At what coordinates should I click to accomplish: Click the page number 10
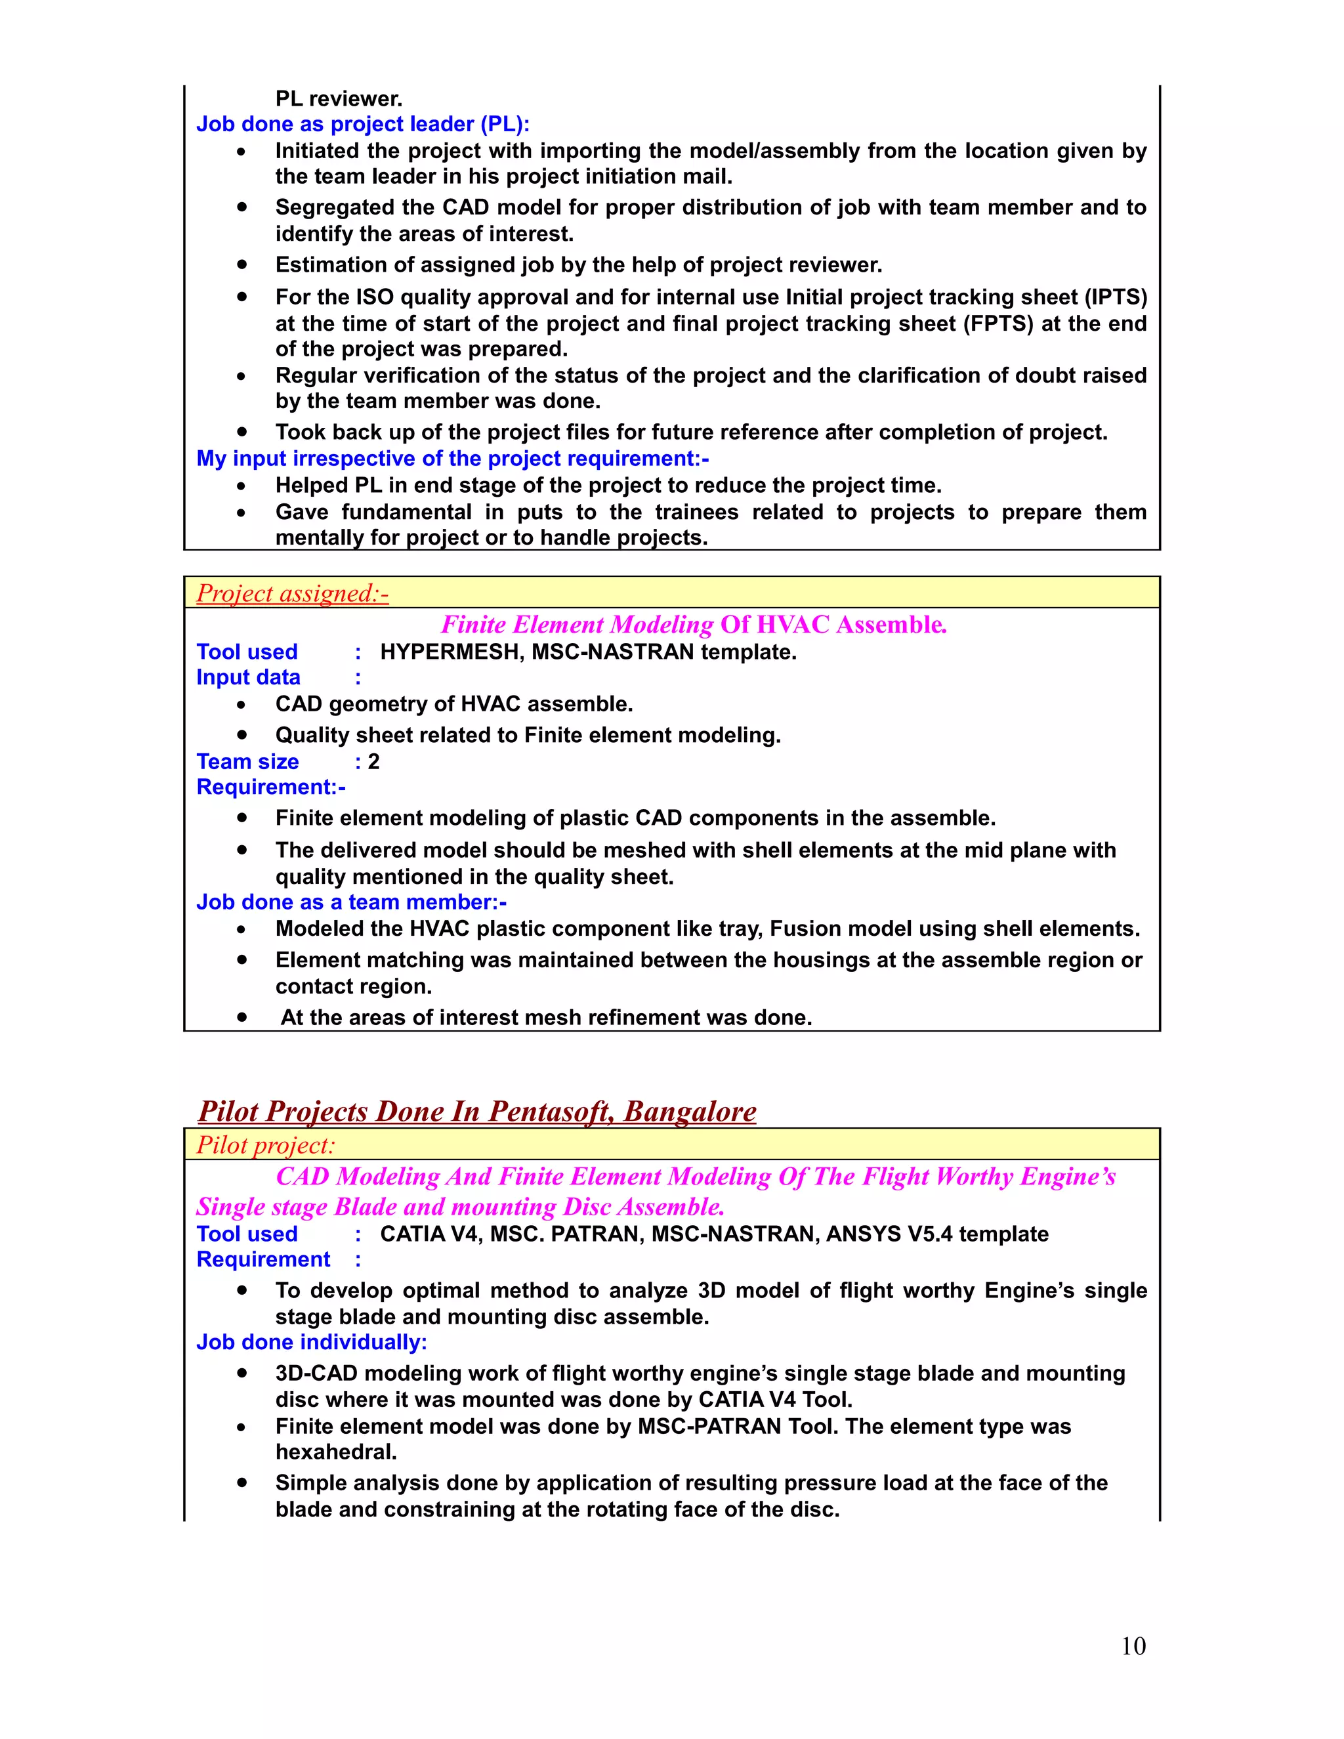[1132, 1646]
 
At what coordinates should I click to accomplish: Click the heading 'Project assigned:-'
[292, 593]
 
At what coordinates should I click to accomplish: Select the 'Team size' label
[247, 762]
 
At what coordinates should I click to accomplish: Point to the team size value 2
[373, 762]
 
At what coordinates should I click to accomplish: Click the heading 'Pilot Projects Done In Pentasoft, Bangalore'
[477, 1112]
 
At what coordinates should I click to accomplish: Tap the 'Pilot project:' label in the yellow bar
[266, 1146]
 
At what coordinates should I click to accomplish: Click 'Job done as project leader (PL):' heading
[362, 124]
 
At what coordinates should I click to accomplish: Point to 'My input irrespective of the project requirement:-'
[452, 459]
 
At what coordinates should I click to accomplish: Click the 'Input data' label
[249, 678]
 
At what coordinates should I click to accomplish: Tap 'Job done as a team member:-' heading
[351, 902]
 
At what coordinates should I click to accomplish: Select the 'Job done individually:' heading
[311, 1343]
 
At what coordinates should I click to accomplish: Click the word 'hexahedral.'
[336, 1452]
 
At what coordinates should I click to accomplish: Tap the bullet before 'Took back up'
[241, 432]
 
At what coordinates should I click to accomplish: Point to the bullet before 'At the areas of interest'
[241, 1018]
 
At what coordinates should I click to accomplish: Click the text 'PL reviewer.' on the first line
[339, 98]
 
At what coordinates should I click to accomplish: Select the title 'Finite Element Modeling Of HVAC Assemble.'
[694, 625]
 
